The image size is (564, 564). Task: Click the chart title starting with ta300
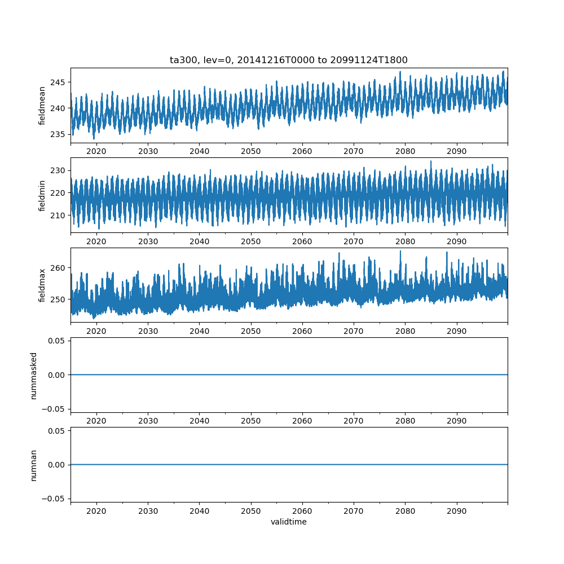[x=288, y=60]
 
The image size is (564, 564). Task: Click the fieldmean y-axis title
[x=42, y=105]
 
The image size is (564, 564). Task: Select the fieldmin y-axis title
[x=42, y=195]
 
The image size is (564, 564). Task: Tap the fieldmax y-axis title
[x=42, y=285]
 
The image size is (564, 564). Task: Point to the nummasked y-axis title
[x=34, y=375]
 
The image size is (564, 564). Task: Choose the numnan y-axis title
[x=34, y=465]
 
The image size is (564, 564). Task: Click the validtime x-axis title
[x=288, y=522]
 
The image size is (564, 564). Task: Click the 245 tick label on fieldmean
[x=59, y=82]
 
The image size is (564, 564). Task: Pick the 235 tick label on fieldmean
[x=59, y=134]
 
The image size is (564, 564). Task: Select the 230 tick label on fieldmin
[x=59, y=170]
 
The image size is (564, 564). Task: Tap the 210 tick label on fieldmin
[x=59, y=215]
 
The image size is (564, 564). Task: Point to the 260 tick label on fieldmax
[x=59, y=267]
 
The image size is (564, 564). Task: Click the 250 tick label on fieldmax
[x=59, y=299]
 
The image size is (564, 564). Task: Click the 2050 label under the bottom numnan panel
[x=251, y=511]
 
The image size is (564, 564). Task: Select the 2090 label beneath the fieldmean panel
[x=456, y=152]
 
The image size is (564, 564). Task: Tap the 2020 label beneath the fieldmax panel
[x=96, y=331]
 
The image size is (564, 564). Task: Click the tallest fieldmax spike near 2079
[x=400, y=251]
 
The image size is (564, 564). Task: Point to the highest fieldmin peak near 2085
[x=431, y=161]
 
